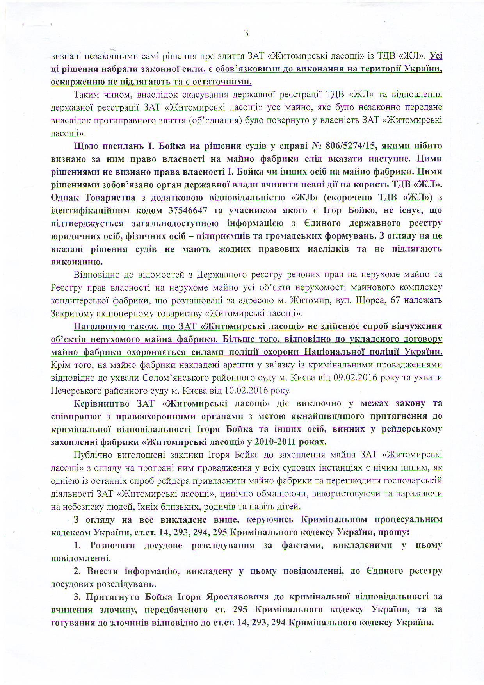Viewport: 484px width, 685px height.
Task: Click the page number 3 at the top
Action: [246, 34]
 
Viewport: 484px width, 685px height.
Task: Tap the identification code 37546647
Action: [187, 210]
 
